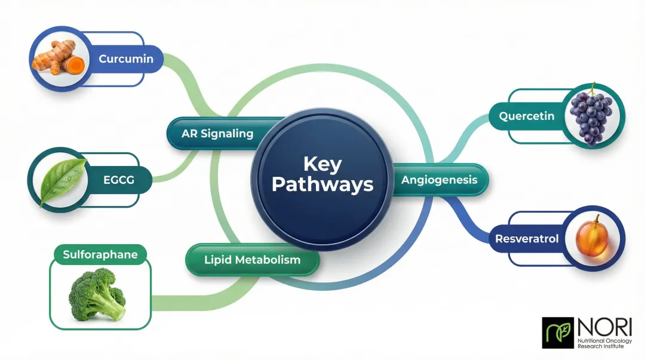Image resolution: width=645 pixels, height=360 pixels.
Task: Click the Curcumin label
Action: pos(126,59)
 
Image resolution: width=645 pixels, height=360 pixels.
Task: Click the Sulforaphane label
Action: pos(100,255)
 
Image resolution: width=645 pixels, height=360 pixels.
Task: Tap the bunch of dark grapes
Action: pos(590,116)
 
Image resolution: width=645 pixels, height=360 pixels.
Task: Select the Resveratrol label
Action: pos(527,239)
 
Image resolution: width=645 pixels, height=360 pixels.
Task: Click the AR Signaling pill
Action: pos(217,134)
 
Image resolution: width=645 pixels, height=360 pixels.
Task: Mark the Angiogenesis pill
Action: pos(438,180)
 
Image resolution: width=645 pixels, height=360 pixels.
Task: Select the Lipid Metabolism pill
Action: pos(252,260)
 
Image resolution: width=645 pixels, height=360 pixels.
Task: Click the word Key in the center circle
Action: pos(322,164)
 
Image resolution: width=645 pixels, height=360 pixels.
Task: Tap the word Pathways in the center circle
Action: pos(322,184)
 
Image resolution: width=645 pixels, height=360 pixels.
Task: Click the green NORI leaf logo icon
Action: pos(557,333)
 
